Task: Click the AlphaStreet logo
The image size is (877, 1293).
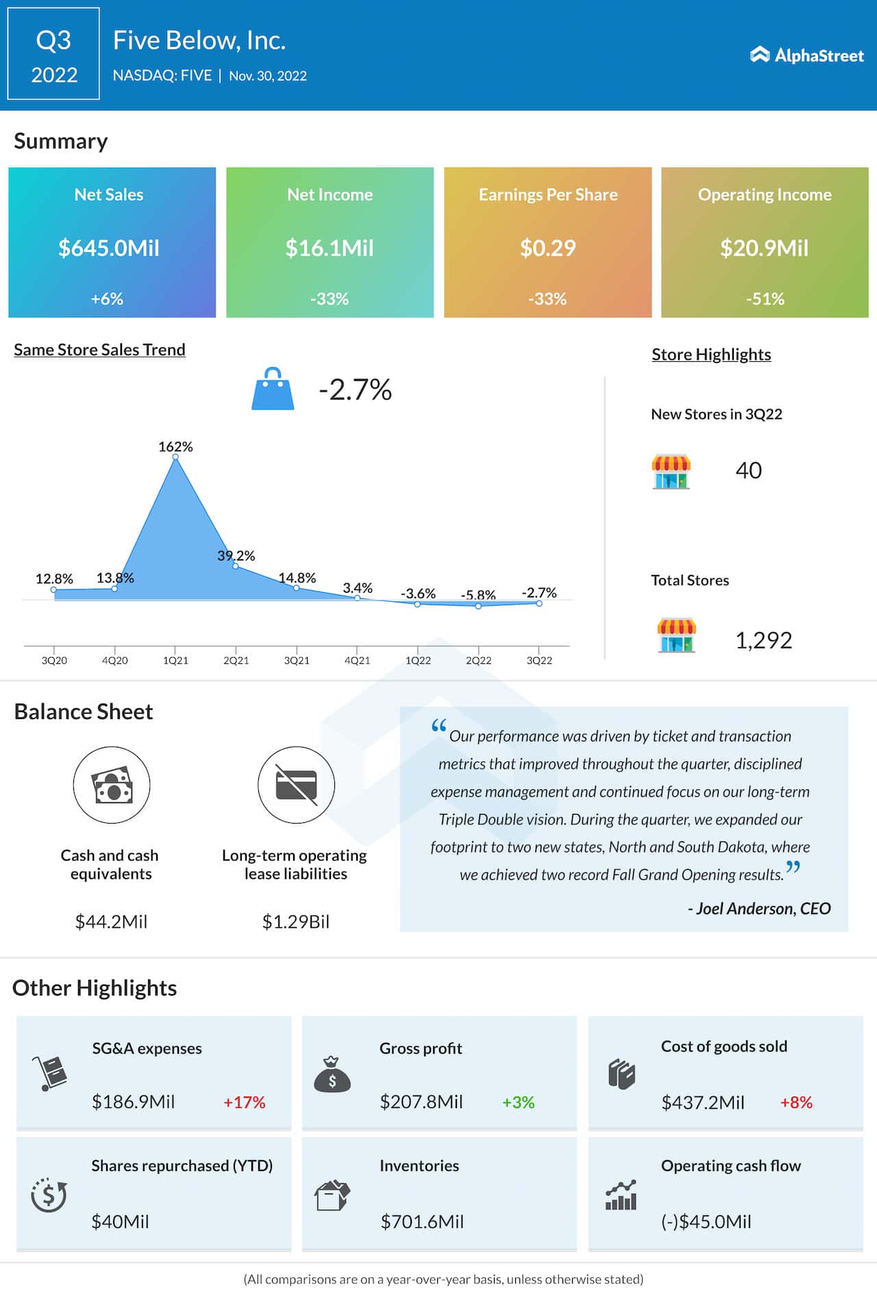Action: pyautogui.click(x=806, y=55)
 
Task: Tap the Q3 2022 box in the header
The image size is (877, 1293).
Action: pyautogui.click(x=53, y=54)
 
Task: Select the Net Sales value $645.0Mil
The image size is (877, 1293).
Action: pyautogui.click(x=109, y=247)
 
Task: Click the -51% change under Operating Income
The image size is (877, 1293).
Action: pyautogui.click(x=765, y=299)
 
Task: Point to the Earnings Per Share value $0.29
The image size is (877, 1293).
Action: pyautogui.click(x=547, y=247)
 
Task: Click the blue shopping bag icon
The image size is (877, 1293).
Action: pyautogui.click(x=273, y=389)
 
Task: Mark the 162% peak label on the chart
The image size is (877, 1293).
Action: pyautogui.click(x=175, y=447)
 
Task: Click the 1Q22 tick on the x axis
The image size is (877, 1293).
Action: pyautogui.click(x=418, y=661)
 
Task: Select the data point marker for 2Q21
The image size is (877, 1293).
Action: pyautogui.click(x=236, y=566)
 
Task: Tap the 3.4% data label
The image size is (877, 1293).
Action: pyautogui.click(x=358, y=588)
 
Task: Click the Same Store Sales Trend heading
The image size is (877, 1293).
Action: pyautogui.click(x=99, y=349)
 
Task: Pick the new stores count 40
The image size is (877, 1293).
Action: pyautogui.click(x=748, y=470)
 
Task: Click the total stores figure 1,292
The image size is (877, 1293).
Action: pyautogui.click(x=763, y=640)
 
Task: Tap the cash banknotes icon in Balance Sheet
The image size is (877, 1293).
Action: pyautogui.click(x=112, y=785)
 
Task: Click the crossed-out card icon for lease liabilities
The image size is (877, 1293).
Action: pyautogui.click(x=296, y=785)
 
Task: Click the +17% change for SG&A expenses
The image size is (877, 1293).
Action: pyautogui.click(x=244, y=1103)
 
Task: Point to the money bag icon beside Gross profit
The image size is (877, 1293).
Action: pyautogui.click(x=332, y=1075)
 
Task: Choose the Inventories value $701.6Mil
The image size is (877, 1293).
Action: pyautogui.click(x=422, y=1222)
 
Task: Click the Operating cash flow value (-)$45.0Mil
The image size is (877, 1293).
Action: pyautogui.click(x=706, y=1222)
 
